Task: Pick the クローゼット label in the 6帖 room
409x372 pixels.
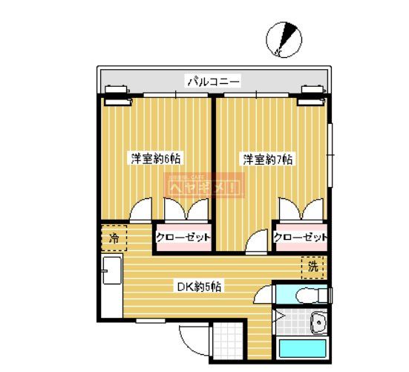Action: [183, 238]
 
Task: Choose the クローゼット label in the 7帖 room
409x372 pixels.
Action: [301, 238]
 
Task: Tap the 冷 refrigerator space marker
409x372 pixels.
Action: [114, 238]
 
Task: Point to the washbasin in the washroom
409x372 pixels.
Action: [318, 324]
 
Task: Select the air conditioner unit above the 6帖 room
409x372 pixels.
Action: [117, 93]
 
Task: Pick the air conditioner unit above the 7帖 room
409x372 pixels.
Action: [313, 93]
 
